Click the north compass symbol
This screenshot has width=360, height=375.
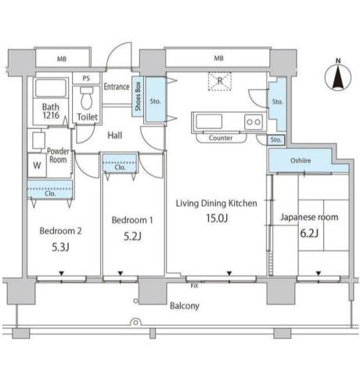338,75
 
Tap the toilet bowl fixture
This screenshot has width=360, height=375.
87,99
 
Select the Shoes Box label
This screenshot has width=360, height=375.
138,96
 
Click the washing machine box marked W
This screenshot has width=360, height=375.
37,165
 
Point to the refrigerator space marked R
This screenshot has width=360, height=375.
220,81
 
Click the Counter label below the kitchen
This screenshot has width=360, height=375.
221,138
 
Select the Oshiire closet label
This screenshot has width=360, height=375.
301,160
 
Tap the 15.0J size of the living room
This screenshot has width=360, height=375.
217,218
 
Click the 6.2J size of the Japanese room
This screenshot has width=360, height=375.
309,233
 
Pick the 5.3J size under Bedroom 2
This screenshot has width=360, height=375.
60,247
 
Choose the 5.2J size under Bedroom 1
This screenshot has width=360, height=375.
132,236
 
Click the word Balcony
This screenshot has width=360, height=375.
185,306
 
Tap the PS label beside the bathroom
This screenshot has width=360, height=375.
86,78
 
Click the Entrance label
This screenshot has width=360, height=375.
117,86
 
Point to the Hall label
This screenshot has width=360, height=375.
115,135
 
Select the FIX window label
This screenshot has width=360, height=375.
194,286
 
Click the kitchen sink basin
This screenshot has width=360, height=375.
209,121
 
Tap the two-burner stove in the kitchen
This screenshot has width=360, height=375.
254,122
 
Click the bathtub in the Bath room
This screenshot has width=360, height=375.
51,88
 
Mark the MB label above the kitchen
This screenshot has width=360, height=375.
218,58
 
